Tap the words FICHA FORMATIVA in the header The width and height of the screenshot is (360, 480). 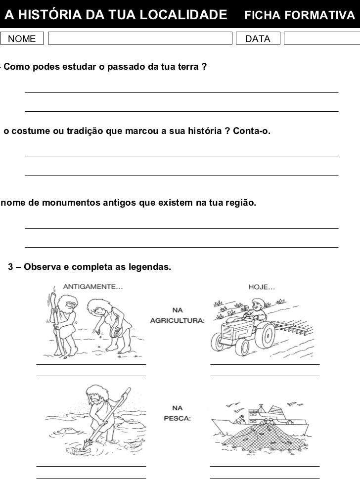click(299, 16)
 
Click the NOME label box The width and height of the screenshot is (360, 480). click(22, 39)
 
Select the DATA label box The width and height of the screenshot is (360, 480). click(258, 39)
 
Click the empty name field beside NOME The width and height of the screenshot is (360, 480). click(140, 39)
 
